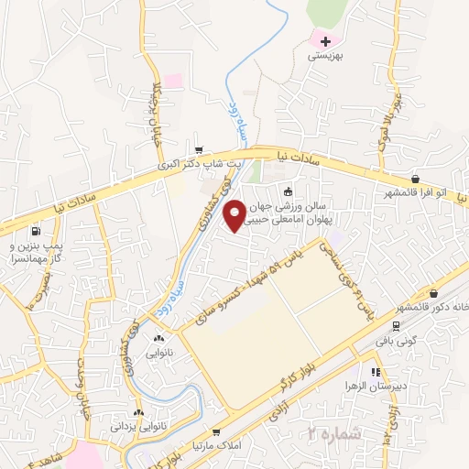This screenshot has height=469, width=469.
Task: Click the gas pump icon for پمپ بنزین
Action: pyautogui.click(x=35, y=231)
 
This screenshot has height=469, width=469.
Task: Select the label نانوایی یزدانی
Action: pyautogui.click(x=139, y=427)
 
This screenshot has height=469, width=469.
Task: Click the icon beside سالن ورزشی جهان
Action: pyautogui.click(x=289, y=191)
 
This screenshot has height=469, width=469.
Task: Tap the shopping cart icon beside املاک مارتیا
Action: pyautogui.click(x=215, y=432)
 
